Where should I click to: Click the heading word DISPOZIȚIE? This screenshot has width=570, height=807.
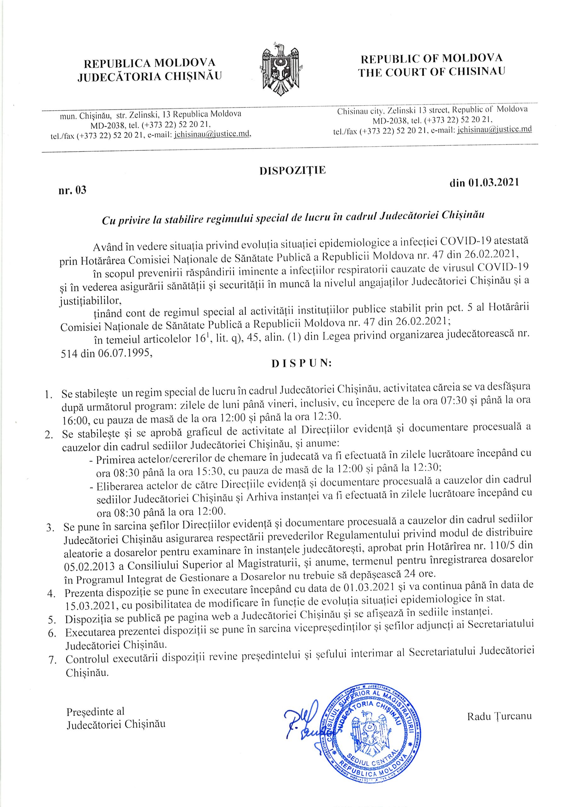[x=292, y=171]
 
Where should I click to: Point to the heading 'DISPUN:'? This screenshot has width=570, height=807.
[x=301, y=364]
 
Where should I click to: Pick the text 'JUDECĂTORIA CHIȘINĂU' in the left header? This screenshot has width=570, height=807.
[x=150, y=76]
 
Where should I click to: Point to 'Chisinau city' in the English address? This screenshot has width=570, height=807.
[x=360, y=111]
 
